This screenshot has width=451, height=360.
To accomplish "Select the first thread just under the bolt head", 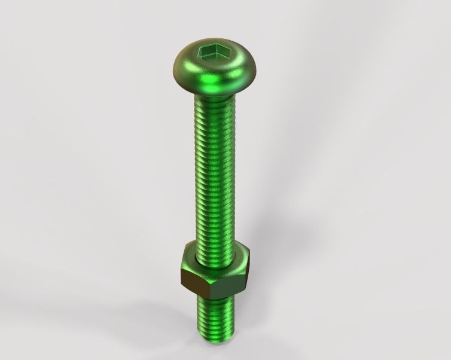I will [214, 102].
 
